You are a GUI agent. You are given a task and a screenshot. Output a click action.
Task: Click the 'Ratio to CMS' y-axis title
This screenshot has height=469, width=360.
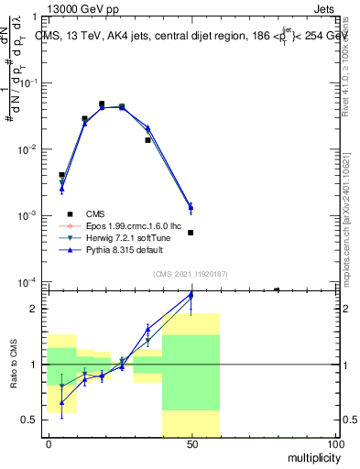point(13,364)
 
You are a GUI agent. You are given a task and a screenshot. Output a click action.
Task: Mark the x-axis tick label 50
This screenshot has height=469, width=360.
point(191,443)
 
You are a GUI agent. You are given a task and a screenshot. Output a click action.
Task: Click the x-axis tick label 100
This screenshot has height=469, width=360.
point(335,443)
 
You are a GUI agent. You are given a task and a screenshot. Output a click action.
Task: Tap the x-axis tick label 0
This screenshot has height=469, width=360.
point(48,443)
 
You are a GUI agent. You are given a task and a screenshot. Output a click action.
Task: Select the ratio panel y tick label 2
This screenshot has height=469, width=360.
point(36,309)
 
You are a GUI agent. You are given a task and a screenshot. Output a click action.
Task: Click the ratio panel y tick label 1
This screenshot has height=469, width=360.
point(36,365)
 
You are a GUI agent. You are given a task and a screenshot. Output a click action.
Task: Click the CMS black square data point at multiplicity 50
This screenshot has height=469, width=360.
point(191,233)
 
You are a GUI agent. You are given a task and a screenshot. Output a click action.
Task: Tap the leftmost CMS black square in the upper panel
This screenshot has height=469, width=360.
point(61,175)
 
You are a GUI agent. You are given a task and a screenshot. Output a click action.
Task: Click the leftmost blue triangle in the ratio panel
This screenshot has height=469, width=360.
point(61,402)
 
